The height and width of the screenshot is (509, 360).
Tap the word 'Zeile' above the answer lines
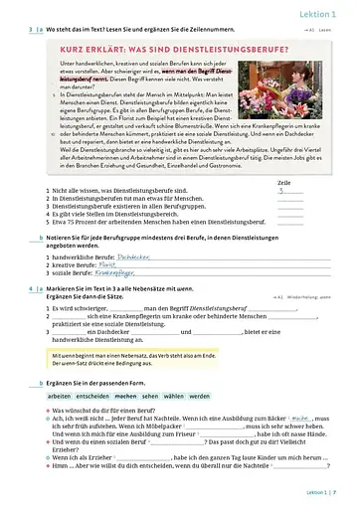click(x=283, y=184)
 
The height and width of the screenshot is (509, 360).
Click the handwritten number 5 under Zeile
click(x=284, y=192)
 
